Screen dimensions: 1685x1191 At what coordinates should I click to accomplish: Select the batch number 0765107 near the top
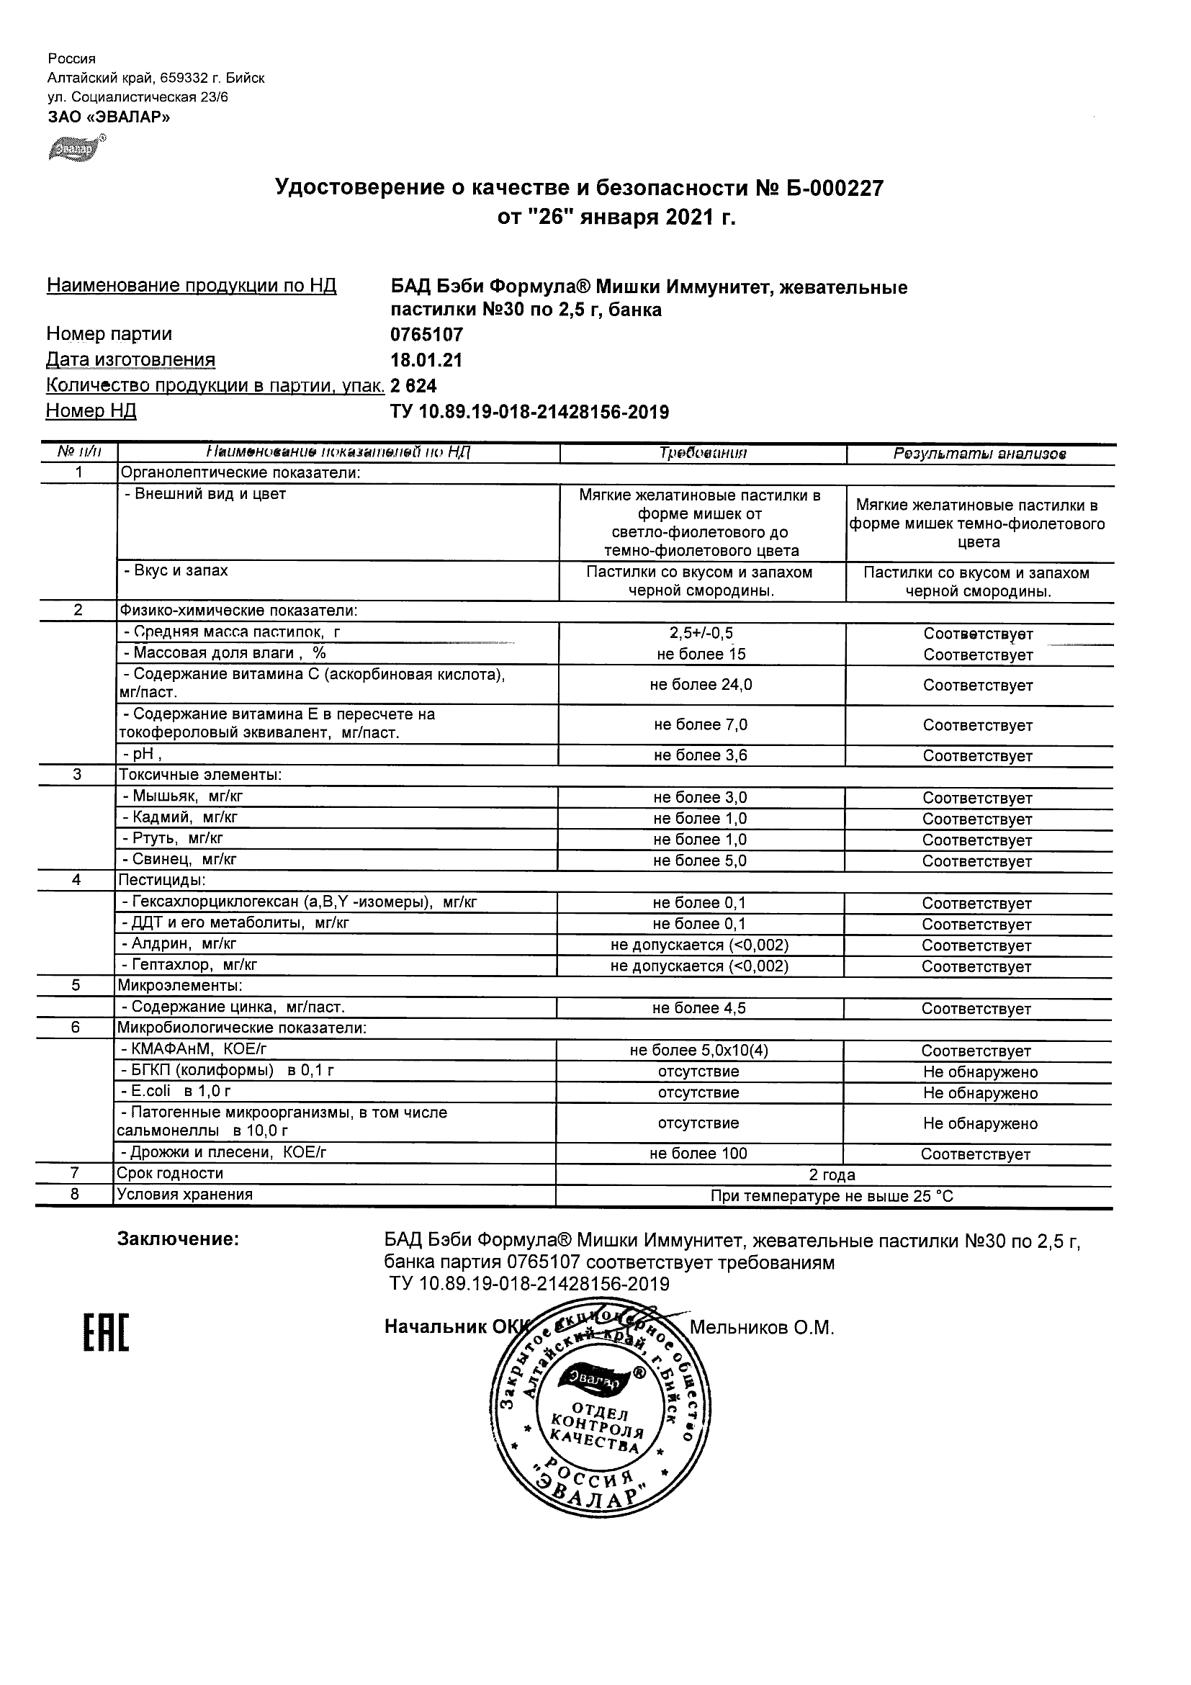(426, 335)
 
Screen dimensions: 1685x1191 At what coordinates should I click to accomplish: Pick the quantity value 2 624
(414, 386)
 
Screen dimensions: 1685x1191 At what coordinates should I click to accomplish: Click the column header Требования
(702, 453)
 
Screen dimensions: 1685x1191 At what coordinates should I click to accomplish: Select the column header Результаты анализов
(979, 454)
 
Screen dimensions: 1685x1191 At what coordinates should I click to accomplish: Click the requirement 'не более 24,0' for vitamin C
(700, 685)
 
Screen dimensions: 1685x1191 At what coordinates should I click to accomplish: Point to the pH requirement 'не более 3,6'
(700, 755)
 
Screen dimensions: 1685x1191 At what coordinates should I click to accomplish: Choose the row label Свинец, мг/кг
(179, 859)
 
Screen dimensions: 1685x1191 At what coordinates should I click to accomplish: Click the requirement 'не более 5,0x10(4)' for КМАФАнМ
(698, 1050)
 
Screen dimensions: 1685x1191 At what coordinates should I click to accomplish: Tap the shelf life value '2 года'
(832, 1174)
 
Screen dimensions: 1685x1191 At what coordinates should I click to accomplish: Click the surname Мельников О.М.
(762, 1328)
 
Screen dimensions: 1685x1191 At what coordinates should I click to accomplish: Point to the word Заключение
(178, 1239)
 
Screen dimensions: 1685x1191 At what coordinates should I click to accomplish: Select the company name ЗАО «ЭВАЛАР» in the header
(109, 117)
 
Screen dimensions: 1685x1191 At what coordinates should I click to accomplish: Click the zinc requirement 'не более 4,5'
(698, 1008)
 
